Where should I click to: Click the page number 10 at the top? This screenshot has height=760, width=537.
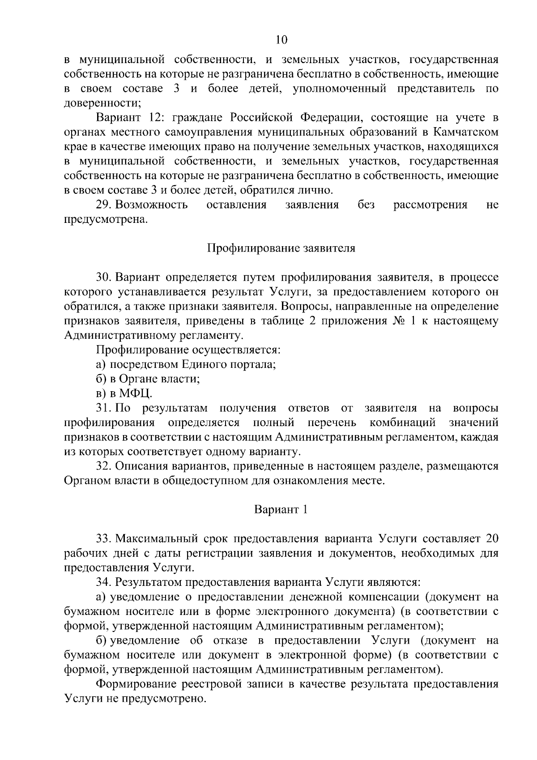coord(281,40)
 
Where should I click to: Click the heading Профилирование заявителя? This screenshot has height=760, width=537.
coord(281,248)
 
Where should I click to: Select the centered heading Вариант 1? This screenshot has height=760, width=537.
coord(281,509)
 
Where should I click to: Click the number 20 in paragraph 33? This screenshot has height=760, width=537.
coord(492,538)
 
